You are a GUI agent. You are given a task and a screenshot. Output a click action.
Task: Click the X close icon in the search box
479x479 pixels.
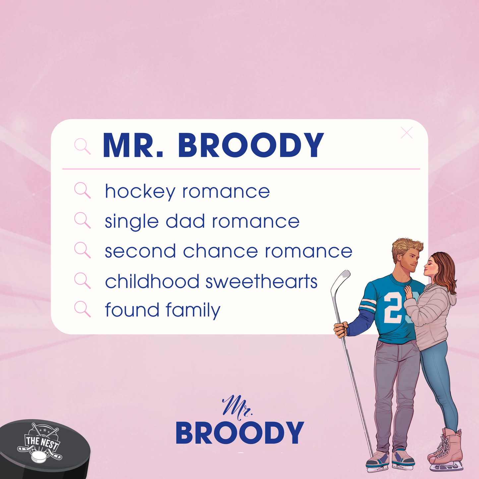point(407,133)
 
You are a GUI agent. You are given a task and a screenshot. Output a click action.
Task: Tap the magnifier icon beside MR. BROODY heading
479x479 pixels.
point(83,147)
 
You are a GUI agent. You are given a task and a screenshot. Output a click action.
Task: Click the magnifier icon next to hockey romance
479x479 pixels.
point(83,190)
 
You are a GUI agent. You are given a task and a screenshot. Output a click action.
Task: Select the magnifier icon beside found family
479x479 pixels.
point(83,309)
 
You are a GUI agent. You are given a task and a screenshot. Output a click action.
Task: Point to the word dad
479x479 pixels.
point(185,221)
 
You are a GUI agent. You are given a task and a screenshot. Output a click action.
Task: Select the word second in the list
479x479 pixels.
point(140,251)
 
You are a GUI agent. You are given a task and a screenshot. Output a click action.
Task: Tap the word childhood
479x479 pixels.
point(152,281)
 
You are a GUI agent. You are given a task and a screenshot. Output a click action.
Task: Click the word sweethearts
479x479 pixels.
point(262,281)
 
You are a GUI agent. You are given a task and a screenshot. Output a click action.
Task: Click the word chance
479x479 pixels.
point(220,251)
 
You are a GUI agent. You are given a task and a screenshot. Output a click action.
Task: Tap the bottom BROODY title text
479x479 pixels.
point(240,433)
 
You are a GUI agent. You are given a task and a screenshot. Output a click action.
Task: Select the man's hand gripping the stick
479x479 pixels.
point(341,329)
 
